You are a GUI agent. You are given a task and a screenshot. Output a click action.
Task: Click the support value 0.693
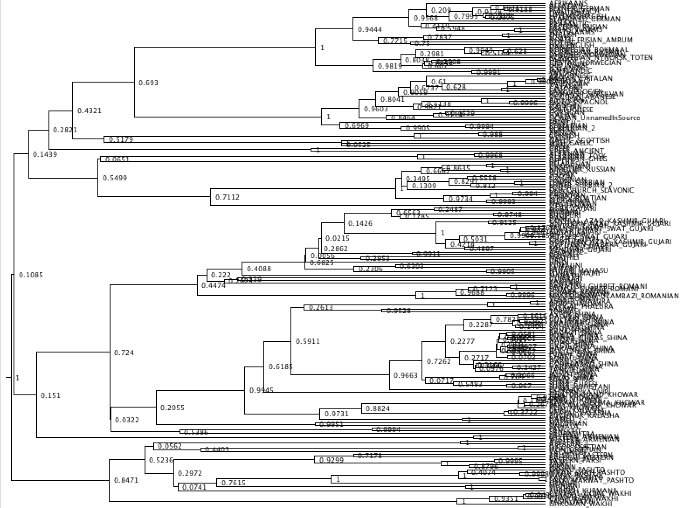pyautogui.click(x=148, y=83)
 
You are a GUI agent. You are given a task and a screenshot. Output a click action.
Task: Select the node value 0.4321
pyautogui.click(x=89, y=111)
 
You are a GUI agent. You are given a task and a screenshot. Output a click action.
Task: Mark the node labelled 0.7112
pyautogui.click(x=228, y=197)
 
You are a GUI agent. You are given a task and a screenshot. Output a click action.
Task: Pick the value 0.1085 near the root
pyautogui.click(x=31, y=275)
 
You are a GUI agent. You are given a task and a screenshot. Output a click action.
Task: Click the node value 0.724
pyautogui.click(x=124, y=352)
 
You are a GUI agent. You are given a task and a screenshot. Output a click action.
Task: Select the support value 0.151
pyautogui.click(x=51, y=395)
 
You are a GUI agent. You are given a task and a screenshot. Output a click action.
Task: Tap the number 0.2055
pyautogui.click(x=173, y=408)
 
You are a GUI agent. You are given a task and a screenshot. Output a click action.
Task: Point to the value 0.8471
pyautogui.click(x=126, y=480)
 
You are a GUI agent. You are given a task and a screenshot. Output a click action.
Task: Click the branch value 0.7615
pyautogui.click(x=233, y=483)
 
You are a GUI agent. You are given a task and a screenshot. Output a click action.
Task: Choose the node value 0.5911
pyautogui.click(x=308, y=341)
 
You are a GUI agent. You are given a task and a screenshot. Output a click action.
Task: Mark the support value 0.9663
pyautogui.click(x=406, y=375)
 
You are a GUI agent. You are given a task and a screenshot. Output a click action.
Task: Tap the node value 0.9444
pyautogui.click(x=370, y=30)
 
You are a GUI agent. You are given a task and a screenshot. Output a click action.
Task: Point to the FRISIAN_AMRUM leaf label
pyautogui.click(x=603, y=40)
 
